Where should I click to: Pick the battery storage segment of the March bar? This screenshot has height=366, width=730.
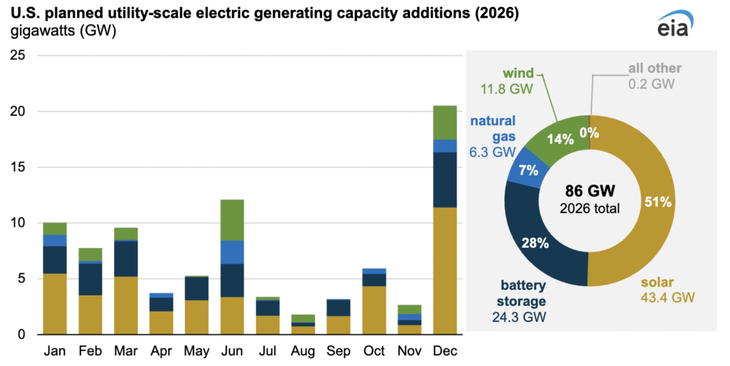coord(125,259)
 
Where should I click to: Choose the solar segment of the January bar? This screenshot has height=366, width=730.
coord(55,304)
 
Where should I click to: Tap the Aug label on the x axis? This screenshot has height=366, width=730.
coord(303,352)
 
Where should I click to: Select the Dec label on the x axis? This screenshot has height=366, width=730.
coord(446,352)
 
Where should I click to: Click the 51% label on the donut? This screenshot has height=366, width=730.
coord(657,202)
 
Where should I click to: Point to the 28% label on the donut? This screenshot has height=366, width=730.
coord(534,243)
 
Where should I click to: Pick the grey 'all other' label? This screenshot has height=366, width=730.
coord(654,68)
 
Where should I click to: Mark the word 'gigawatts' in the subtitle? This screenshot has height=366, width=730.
coord(39,31)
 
